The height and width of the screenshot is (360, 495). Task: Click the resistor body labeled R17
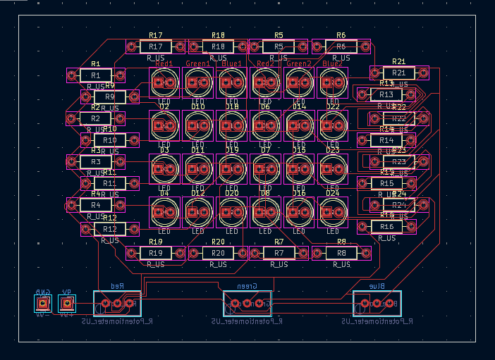(155, 46)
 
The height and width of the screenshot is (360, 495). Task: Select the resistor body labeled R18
(218, 46)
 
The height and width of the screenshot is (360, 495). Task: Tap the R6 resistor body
(341, 46)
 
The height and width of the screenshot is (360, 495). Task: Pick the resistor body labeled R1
(95, 75)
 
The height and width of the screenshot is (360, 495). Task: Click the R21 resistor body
(399, 73)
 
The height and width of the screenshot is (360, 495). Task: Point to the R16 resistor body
(386, 226)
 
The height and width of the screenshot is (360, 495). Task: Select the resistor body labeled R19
(155, 253)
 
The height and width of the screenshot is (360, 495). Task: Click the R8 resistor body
(341, 253)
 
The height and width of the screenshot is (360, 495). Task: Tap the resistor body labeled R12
(109, 229)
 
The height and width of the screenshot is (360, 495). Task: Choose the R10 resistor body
(109, 140)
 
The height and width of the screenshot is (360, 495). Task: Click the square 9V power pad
(66, 304)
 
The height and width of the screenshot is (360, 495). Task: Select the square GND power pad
(43, 304)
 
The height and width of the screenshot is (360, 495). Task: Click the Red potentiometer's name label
(116, 286)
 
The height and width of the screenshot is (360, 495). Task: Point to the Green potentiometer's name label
(247, 286)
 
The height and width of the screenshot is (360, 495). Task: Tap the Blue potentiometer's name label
(377, 286)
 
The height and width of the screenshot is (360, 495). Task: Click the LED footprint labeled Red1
(164, 83)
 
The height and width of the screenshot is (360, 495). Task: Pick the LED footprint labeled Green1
(198, 83)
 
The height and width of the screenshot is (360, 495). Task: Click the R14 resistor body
(386, 140)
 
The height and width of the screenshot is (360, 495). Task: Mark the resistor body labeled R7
(279, 253)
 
